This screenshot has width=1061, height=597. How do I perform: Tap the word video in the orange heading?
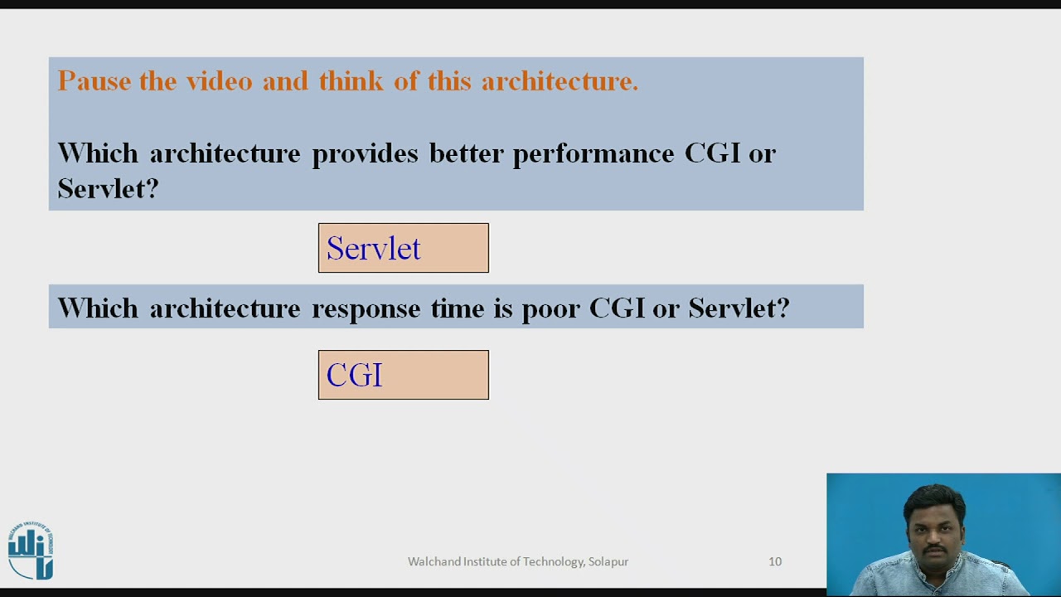tap(219, 81)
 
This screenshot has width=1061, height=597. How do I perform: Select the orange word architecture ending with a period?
tap(560, 81)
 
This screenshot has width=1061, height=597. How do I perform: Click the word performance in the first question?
tap(593, 154)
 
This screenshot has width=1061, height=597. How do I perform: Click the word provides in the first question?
tap(365, 154)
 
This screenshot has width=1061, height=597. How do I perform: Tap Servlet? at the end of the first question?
tap(108, 189)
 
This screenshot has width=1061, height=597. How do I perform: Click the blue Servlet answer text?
tap(373, 249)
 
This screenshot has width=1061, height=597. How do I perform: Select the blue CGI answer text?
tap(354, 376)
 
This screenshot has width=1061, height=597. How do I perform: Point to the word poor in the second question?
tap(550, 309)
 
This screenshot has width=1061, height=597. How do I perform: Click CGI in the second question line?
tap(617, 308)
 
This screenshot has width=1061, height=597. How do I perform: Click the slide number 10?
tap(775, 561)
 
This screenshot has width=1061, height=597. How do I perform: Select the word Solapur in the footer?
tap(608, 561)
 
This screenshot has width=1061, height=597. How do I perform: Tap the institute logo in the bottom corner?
tap(31, 551)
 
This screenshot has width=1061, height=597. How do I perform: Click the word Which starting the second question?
tap(97, 308)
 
